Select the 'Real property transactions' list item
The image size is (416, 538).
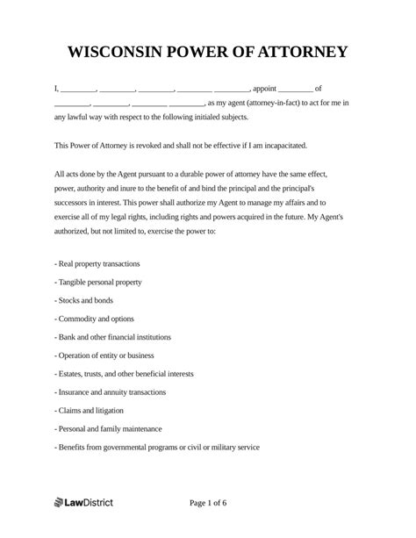click(97, 263)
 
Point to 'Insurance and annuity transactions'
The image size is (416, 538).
click(111, 392)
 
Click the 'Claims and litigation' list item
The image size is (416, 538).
click(89, 411)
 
